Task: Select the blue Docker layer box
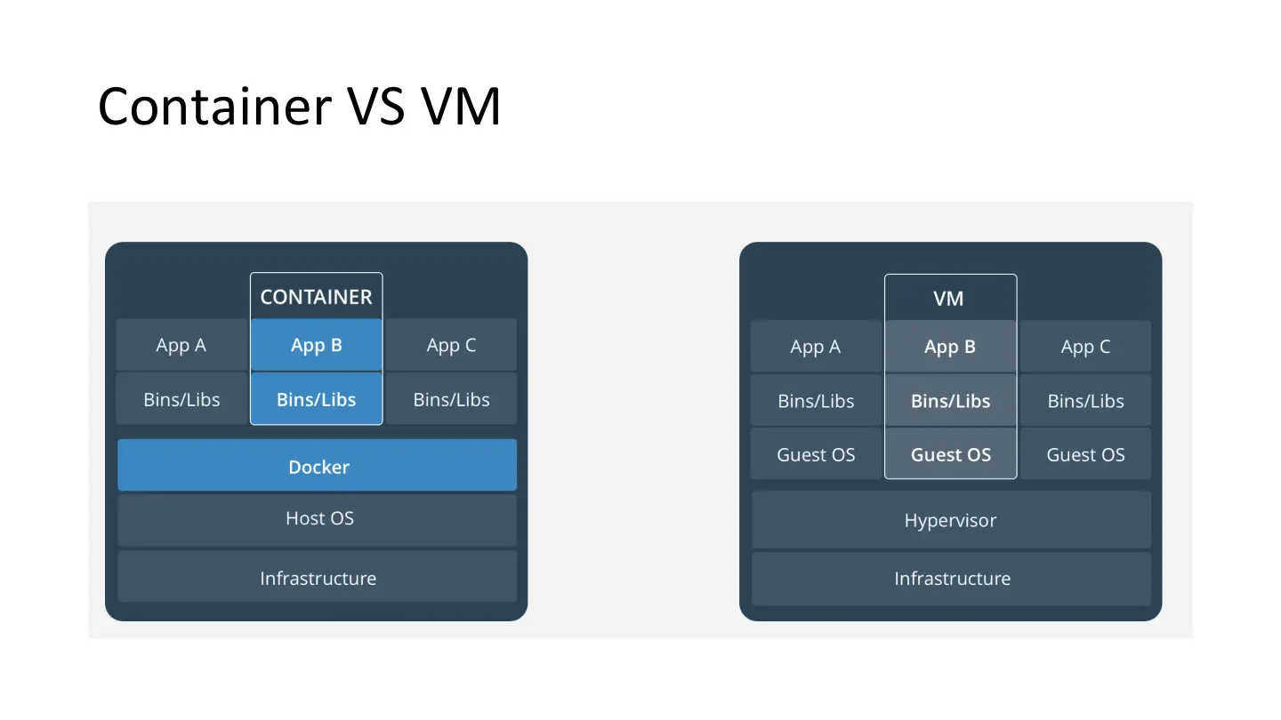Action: (x=318, y=466)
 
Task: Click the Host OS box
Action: (x=318, y=518)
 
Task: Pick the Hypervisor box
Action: (x=951, y=520)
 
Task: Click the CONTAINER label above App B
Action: (x=316, y=297)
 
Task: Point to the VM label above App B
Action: (x=948, y=299)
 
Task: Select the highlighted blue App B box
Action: (x=316, y=345)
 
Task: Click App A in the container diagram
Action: (x=181, y=345)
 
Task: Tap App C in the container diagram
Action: (x=451, y=345)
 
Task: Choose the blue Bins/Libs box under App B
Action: (x=316, y=399)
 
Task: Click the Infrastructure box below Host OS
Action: (x=318, y=578)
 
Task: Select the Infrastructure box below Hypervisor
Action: (x=951, y=578)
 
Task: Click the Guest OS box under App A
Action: (x=816, y=454)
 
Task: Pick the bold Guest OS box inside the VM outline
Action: (x=950, y=454)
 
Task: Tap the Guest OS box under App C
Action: (x=1085, y=454)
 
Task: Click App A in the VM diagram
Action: (x=816, y=347)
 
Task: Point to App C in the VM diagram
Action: (x=1085, y=347)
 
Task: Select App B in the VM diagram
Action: (x=950, y=347)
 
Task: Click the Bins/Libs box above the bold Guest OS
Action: (x=950, y=401)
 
